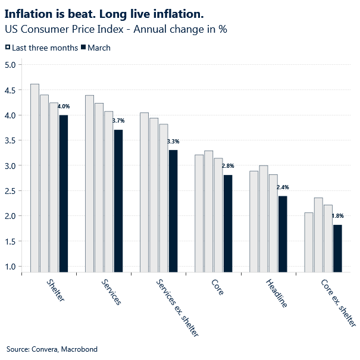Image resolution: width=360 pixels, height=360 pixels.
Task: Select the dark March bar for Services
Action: click(x=118, y=201)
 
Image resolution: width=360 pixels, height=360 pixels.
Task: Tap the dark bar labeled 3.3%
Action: click(x=173, y=211)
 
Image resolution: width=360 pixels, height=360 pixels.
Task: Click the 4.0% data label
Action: click(x=64, y=107)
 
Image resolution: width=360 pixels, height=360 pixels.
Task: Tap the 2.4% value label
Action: click(x=283, y=187)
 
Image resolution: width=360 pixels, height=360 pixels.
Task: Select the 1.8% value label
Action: click(x=337, y=216)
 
